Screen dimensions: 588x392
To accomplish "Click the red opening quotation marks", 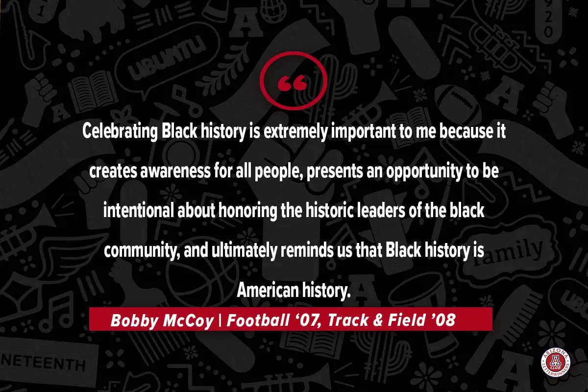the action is [x=292, y=83].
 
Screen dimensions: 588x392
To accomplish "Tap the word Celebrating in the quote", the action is [x=120, y=131].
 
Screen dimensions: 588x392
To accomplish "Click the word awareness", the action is [x=175, y=171].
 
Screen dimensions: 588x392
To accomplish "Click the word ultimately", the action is [x=244, y=251].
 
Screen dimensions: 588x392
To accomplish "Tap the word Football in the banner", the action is [x=258, y=320].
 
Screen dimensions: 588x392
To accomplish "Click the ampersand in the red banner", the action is [x=378, y=320].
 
